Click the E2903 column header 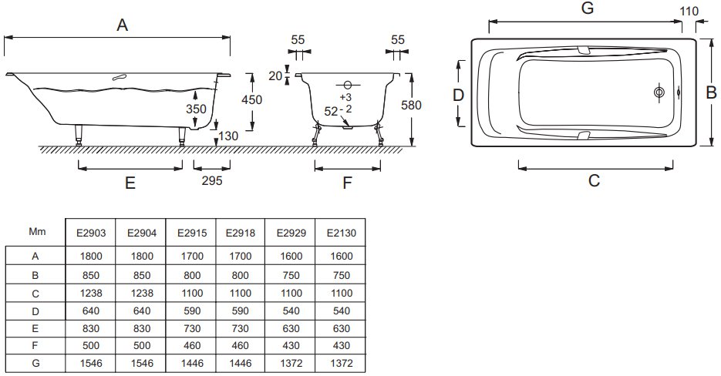click(91, 233)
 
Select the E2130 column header click(342, 233)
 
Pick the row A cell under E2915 click(192, 256)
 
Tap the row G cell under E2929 click(291, 363)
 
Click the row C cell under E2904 click(142, 294)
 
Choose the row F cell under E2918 click(241, 346)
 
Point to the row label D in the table click(35, 311)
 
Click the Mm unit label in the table click(37, 232)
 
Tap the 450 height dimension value click(252, 99)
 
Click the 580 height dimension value click(411, 106)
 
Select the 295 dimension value click(212, 180)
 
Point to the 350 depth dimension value click(196, 109)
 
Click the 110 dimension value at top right click(689, 11)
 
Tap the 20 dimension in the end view click(275, 76)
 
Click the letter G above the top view click(588, 8)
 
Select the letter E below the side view click(130, 183)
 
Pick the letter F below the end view click(347, 183)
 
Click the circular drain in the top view click(659, 92)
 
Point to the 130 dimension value click(228, 136)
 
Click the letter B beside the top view click(711, 92)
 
